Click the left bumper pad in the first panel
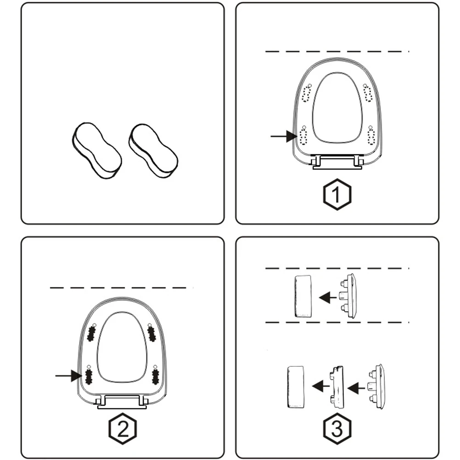click(x=96, y=150)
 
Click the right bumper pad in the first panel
click(x=153, y=150)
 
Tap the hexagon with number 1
click(x=337, y=195)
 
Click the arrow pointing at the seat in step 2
click(x=68, y=376)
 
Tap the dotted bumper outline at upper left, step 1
click(x=306, y=95)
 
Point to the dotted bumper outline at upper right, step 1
click(x=368, y=94)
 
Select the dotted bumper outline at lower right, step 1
click(x=371, y=136)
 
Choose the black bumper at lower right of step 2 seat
click(x=155, y=376)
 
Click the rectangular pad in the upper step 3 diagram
click(x=303, y=296)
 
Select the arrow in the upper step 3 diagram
click(x=327, y=297)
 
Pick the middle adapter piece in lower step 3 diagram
click(x=337, y=387)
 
